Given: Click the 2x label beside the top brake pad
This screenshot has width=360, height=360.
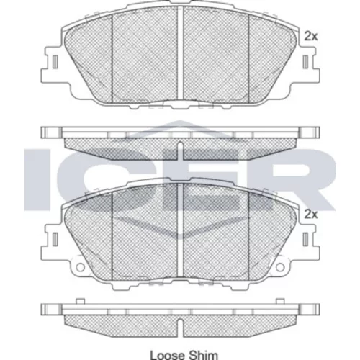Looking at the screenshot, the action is click(311, 37).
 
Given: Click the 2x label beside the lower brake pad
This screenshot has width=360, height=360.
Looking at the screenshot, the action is click(311, 215).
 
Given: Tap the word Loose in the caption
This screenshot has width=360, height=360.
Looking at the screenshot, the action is click(168, 355).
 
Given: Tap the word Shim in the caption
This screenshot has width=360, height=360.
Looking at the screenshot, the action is click(204, 355).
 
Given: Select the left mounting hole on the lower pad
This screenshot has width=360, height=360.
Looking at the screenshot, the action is click(80, 267).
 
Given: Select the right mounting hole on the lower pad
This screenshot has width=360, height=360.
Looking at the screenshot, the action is click(280, 267).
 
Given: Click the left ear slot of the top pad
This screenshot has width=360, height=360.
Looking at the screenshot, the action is click(55, 62).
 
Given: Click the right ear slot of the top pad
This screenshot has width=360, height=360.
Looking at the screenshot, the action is click(305, 62).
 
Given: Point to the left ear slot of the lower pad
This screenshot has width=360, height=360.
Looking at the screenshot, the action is click(55, 239).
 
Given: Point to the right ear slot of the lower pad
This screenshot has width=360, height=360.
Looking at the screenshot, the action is click(305, 239).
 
